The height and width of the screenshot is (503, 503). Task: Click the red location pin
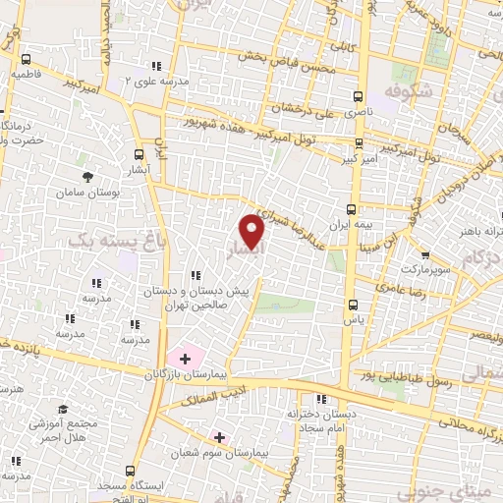coord(252,232)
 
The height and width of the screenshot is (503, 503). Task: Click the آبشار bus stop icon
coord(138,154)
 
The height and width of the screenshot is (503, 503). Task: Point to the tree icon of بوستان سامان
coord(89,177)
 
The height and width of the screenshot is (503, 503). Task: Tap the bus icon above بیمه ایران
coord(352,209)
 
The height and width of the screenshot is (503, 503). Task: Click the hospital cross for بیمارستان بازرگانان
coord(185,359)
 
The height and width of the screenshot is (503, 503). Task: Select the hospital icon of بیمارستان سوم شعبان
coord(218,436)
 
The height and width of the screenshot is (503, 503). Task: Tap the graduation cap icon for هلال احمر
coord(63,409)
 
